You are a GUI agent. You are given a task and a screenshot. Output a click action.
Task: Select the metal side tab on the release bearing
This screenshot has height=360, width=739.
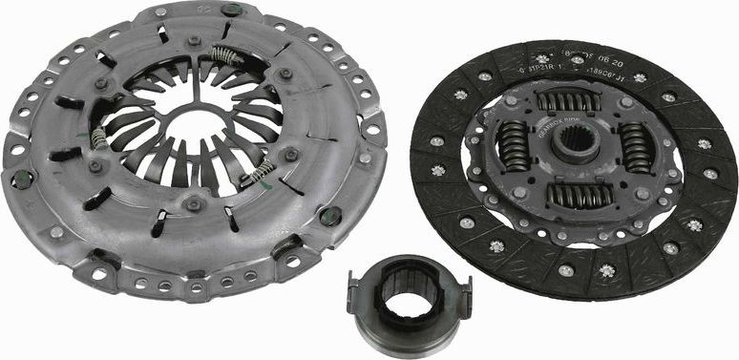click(x=354, y=282)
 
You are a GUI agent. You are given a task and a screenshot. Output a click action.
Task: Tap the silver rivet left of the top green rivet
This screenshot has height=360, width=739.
click(x=159, y=11)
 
